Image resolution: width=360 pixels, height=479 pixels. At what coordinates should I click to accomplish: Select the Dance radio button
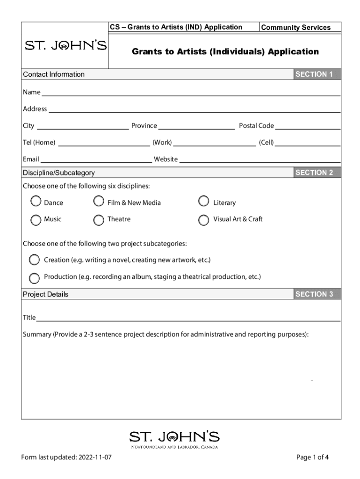36,202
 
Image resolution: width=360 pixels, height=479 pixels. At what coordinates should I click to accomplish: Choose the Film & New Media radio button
99,201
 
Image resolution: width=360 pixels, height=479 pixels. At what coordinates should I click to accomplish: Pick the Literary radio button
203,201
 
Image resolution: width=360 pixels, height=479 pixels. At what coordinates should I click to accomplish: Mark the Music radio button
36,220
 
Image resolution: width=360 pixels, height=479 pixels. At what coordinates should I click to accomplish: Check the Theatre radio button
99,220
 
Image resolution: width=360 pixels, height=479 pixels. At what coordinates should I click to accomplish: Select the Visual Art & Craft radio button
203,220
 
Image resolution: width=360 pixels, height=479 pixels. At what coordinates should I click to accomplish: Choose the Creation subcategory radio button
34,260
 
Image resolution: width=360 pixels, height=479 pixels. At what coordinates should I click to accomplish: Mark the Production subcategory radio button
34,278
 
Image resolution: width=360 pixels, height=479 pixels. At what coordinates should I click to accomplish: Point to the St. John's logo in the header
65,46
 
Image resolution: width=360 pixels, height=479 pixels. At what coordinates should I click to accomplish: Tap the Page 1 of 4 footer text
312,457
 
